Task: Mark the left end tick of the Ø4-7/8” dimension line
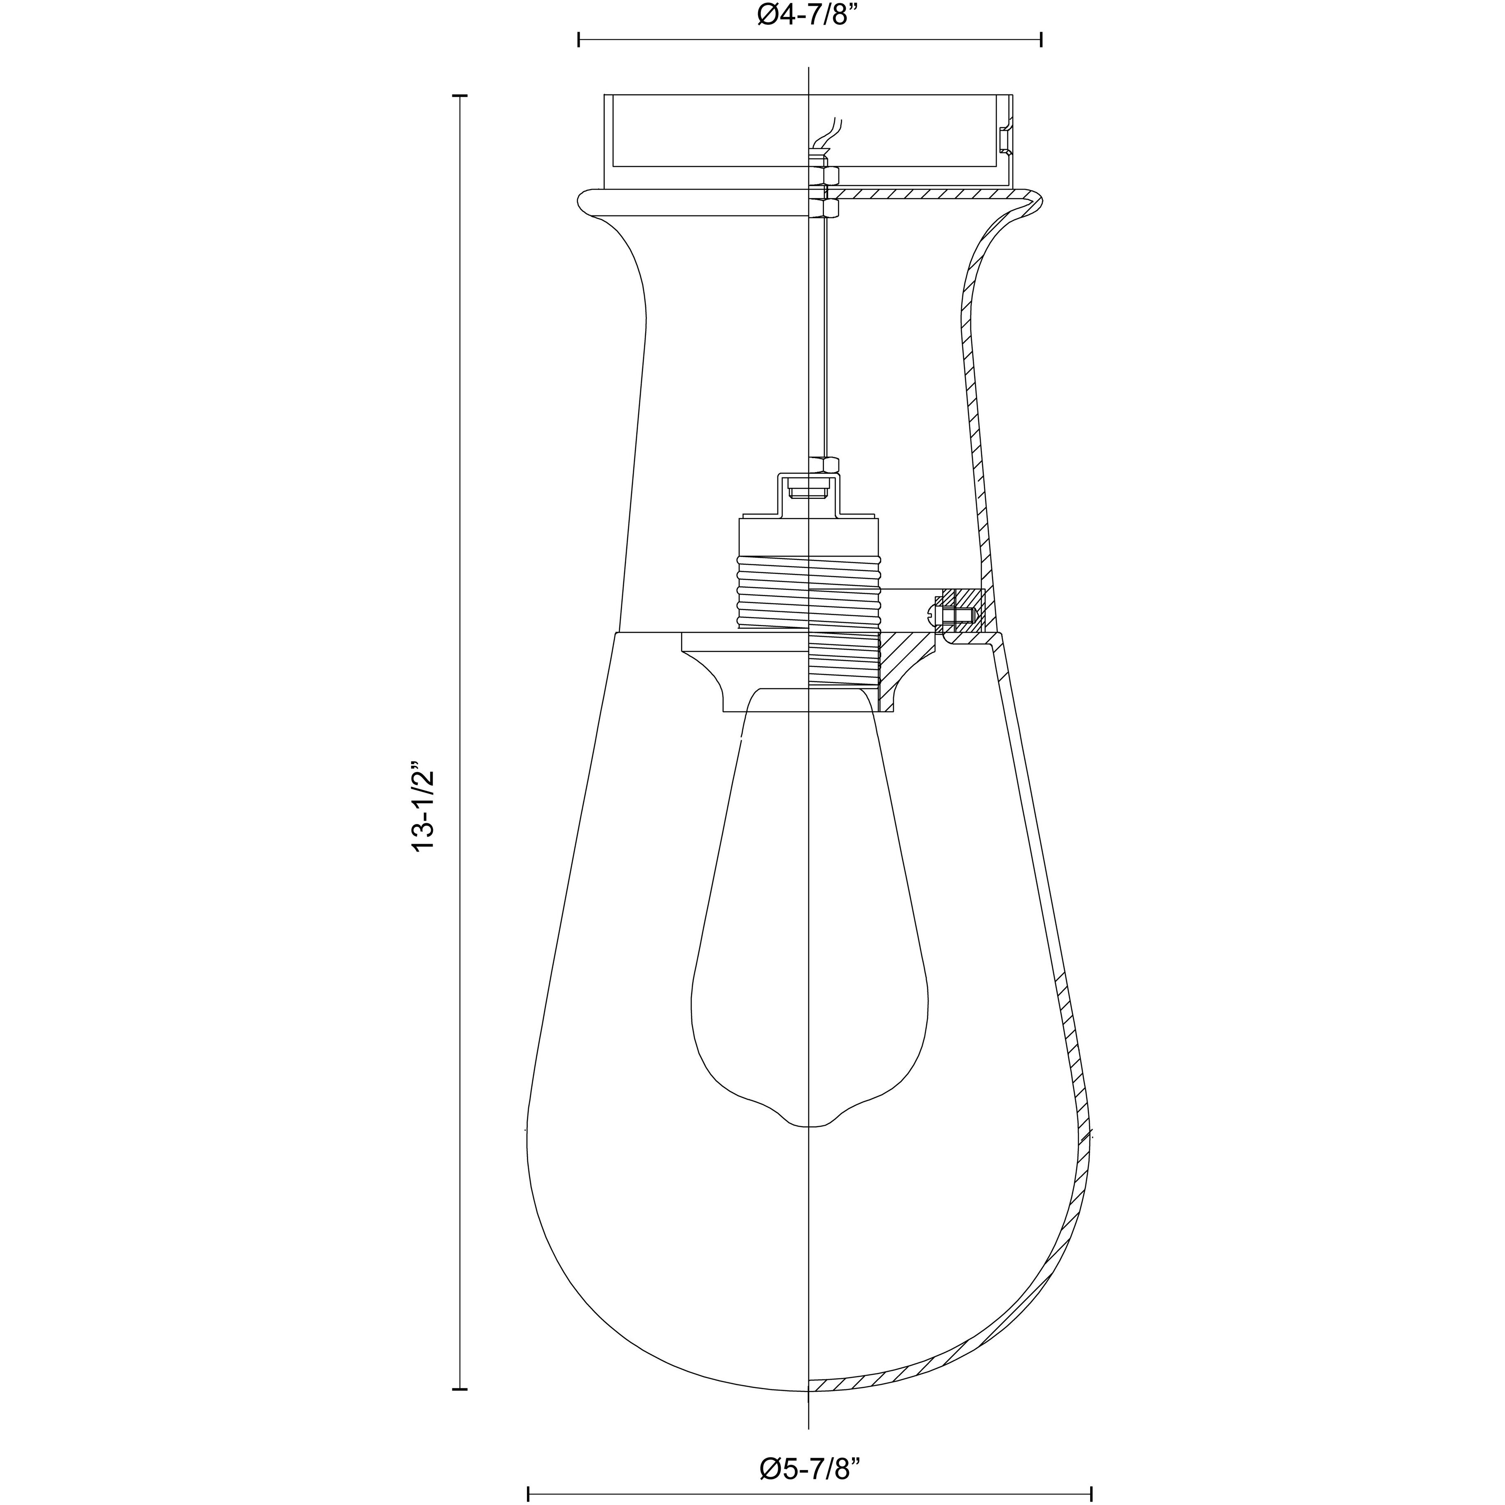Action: pos(579,40)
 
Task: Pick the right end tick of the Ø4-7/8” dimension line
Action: pos(1042,40)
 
